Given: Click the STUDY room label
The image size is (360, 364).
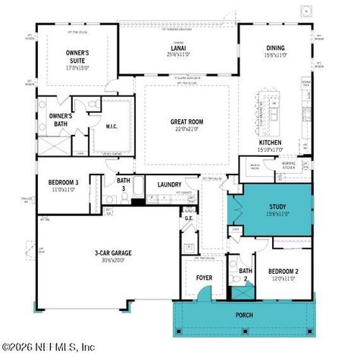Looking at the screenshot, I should pyautogui.click(x=277, y=206).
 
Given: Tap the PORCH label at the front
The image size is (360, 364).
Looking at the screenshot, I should pyautogui.click(x=244, y=315).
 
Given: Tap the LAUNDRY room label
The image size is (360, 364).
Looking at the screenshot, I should pyautogui.click(x=170, y=184).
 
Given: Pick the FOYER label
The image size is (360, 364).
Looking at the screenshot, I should pyautogui.click(x=204, y=278).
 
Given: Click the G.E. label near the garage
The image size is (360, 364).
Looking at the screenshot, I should pyautogui.click(x=189, y=218).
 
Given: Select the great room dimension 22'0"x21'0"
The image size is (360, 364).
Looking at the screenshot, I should pyautogui.click(x=186, y=129).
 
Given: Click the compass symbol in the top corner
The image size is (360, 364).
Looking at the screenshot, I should pyautogui.click(x=306, y=11).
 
